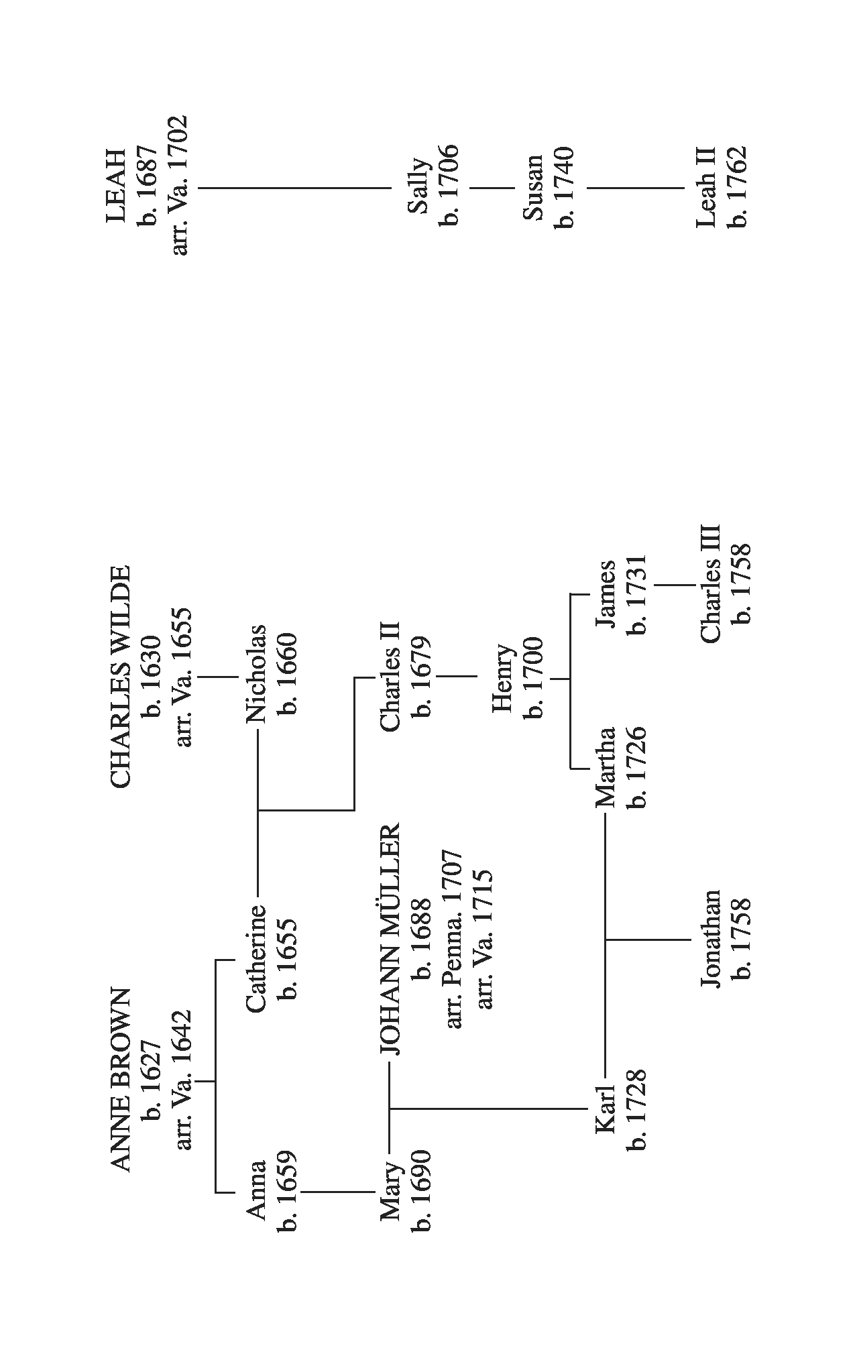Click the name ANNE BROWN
tap(120, 1079)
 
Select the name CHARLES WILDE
tap(120, 676)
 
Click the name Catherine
tap(256, 958)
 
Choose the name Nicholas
tap(256, 673)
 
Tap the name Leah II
tap(707, 187)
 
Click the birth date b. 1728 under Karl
tap(636, 1109)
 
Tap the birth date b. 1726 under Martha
tap(636, 768)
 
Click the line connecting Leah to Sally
tap(295, 188)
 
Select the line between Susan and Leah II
tap(636, 188)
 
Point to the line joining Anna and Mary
tap(337, 1192)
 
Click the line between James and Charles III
tap(675, 585)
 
